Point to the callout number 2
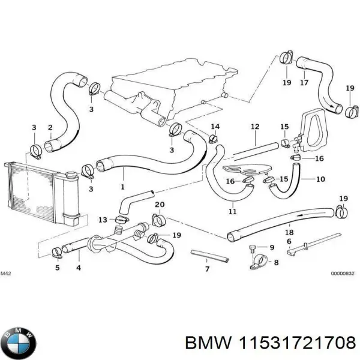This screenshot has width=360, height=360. tap(50, 127)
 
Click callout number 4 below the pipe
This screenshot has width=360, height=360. tap(78, 268)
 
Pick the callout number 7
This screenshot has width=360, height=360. tap(207, 269)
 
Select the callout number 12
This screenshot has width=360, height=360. tap(254, 127)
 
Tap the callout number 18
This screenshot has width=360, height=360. tap(289, 232)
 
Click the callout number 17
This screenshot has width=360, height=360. tap(304, 83)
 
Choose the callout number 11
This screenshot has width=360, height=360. tap(232, 211)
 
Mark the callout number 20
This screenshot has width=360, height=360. tap(159, 205)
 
